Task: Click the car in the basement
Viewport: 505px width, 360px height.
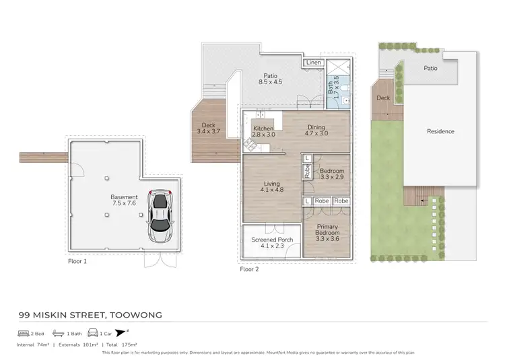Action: tap(160, 216)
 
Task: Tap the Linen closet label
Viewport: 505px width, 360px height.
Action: tap(313, 63)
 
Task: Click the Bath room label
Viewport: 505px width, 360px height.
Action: tap(331, 87)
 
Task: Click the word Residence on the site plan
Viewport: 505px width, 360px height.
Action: tap(440, 131)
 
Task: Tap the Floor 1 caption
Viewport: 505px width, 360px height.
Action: tap(77, 260)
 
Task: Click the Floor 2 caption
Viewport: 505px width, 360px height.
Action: tap(249, 269)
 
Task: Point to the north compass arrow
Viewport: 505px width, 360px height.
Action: tap(121, 332)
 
